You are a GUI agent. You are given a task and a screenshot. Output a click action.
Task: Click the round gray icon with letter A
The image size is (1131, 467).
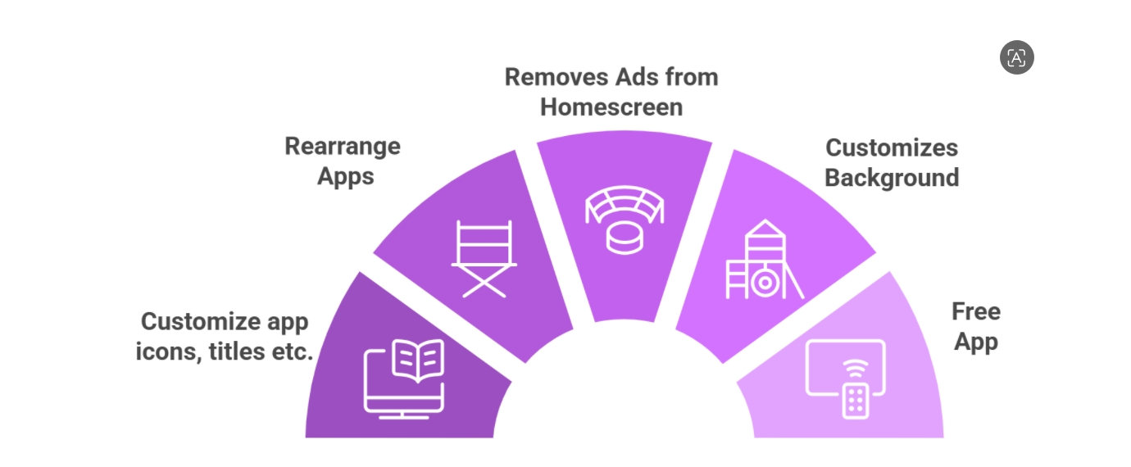pyautogui.click(x=1016, y=57)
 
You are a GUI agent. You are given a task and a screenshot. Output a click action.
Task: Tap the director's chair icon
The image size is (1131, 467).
pyautogui.click(x=484, y=259)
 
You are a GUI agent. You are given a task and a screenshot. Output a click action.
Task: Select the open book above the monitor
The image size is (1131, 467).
pyautogui.click(x=418, y=360)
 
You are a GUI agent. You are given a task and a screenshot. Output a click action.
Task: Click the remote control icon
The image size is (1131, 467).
pyautogui.click(x=856, y=401)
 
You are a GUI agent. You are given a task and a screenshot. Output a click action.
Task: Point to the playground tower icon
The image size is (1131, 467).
pyautogui.click(x=765, y=260)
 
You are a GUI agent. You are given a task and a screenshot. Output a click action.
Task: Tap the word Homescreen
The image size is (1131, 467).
pyautogui.click(x=611, y=107)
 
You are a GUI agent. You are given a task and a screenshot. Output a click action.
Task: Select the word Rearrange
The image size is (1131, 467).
pyautogui.click(x=343, y=147)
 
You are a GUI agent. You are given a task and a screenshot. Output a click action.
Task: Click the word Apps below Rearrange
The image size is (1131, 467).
pyautogui.click(x=345, y=177)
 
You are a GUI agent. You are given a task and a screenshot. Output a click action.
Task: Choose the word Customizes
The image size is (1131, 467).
pyautogui.click(x=892, y=148)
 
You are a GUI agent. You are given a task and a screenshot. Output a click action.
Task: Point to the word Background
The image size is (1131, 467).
pyautogui.click(x=892, y=179)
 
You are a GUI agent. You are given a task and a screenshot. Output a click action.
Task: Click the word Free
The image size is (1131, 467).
pyautogui.click(x=976, y=311)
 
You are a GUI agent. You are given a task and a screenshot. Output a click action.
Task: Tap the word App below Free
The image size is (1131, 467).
pyautogui.click(x=976, y=342)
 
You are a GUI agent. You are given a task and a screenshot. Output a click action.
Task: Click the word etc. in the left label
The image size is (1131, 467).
pyautogui.click(x=293, y=352)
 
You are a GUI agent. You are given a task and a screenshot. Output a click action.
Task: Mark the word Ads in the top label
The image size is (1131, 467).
pyautogui.click(x=637, y=77)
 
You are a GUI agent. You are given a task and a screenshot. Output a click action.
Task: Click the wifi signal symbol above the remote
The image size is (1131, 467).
pyautogui.click(x=856, y=369)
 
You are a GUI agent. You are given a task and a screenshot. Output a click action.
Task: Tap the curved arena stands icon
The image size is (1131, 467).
pyautogui.click(x=625, y=204)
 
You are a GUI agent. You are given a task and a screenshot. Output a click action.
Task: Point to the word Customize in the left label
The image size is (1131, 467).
pyautogui.click(x=201, y=322)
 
